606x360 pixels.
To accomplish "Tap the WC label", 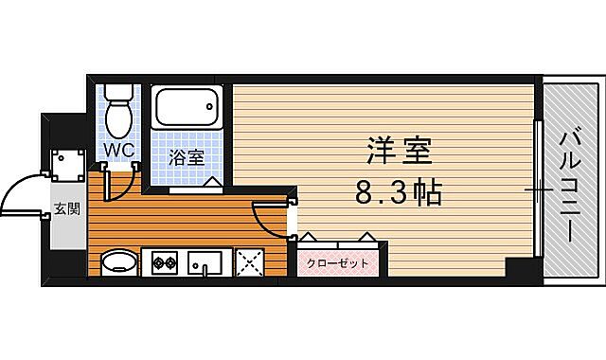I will (118, 151).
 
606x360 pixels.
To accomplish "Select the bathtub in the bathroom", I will (187, 110).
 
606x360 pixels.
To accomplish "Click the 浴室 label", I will (187, 158).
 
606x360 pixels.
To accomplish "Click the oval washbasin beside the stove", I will (118, 261).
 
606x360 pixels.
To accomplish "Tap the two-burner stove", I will (161, 261).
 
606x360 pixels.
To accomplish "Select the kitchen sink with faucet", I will (205, 261).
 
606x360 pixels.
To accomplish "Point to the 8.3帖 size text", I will (399, 195).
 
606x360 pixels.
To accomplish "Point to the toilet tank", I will (119, 93).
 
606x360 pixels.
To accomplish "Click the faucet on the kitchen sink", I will (205, 267).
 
